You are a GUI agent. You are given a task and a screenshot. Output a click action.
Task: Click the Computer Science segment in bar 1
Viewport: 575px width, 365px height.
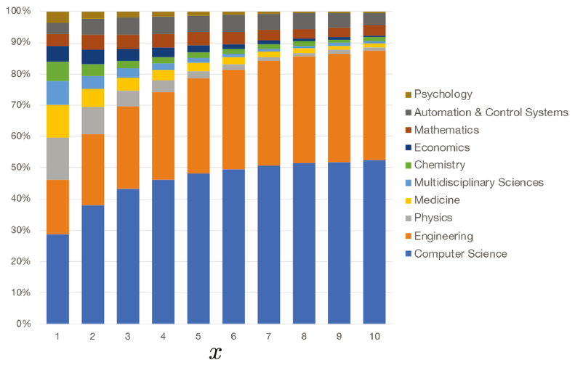[57, 279]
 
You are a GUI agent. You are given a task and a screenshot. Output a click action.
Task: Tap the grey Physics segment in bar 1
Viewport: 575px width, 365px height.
[57, 158]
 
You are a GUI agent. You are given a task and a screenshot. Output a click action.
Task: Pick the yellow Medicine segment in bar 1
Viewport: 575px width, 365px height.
[57, 121]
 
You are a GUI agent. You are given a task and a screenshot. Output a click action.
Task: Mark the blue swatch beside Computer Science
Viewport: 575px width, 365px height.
[409, 254]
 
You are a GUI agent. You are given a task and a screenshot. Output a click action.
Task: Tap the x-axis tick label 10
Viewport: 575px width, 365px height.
[374, 337]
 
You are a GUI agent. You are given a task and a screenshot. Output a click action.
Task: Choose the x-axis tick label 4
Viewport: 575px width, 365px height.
[164, 337]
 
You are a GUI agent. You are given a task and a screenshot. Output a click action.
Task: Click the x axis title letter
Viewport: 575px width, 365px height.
[214, 353]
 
